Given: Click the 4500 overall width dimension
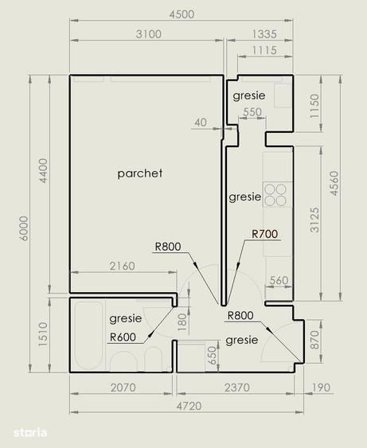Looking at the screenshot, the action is point(182,14).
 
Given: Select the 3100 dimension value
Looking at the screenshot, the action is point(149,34).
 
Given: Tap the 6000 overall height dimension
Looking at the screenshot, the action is point(24,228).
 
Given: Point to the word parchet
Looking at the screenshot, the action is point(140,173).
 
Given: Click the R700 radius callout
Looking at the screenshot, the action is point(264,234).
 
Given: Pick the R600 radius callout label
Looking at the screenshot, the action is point(123,337).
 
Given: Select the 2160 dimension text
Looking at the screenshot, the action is point(122,266).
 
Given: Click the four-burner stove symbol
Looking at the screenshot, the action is point(275,195).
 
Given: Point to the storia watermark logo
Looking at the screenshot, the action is point(30,433).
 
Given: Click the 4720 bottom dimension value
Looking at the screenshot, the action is point(189,406).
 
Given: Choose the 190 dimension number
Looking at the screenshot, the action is point(321,388).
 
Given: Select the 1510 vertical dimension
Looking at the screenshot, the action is point(43,334).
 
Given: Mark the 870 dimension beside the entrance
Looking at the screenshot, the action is point(314,340).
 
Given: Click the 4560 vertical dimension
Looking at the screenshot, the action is point(334,183).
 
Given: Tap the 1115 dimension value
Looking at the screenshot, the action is point(264,50).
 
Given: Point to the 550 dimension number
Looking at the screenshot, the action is point(252,112).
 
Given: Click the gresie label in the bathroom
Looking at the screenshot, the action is point(126,318).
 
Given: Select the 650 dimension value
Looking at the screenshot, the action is point(212,356).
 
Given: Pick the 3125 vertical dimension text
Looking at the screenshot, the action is point(314,220).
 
